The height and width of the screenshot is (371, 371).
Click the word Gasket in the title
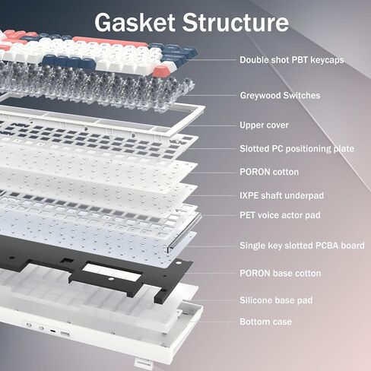(x=135, y=22)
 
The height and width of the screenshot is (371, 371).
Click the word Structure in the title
(x=236, y=22)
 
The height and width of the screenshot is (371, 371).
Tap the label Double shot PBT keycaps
(x=292, y=60)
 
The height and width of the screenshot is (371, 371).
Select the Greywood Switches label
(x=280, y=96)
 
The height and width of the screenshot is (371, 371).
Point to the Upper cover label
(x=264, y=125)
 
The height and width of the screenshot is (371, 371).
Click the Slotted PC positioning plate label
(x=296, y=149)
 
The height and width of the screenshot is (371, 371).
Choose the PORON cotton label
(x=269, y=172)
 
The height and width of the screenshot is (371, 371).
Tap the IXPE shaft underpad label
(x=281, y=195)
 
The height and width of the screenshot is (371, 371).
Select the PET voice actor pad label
(x=280, y=215)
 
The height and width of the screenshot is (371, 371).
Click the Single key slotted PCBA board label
(x=302, y=246)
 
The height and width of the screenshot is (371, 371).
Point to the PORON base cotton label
(x=281, y=274)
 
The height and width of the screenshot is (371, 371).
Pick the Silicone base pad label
(x=276, y=300)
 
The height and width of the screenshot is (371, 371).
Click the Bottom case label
(x=265, y=322)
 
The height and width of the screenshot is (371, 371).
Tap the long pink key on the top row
(x=110, y=42)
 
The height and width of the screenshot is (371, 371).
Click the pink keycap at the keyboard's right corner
(x=162, y=71)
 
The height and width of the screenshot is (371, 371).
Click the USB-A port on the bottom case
(x=65, y=335)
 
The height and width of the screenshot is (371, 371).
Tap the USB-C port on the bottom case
(x=53, y=331)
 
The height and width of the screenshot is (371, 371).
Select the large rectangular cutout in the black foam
(x=113, y=271)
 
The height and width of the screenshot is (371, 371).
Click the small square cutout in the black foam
(x=68, y=261)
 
